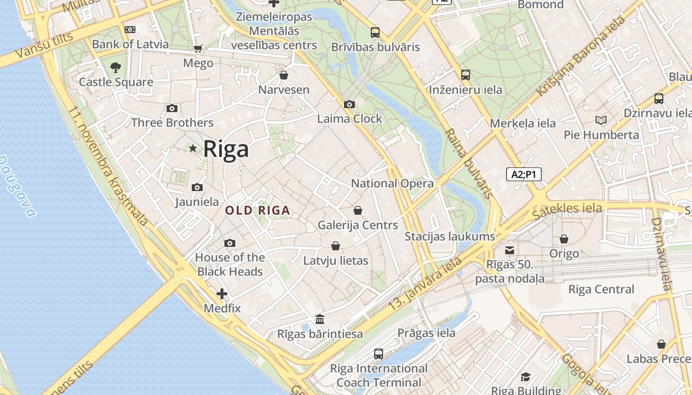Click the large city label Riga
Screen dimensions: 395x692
226,149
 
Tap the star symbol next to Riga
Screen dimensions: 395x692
193,148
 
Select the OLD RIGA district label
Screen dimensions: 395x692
258,210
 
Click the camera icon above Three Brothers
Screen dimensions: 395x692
172,108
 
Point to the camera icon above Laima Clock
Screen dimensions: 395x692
349,104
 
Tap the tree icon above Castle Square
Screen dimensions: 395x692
116,67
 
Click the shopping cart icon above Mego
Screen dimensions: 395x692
198,48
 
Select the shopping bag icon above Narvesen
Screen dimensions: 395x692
284,75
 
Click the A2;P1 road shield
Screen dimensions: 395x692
523,174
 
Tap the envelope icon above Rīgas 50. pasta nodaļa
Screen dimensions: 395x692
510,250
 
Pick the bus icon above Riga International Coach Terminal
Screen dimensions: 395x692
379,354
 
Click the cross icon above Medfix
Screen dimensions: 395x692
222,294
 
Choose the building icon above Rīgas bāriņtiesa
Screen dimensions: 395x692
320,319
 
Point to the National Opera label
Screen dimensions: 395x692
392,183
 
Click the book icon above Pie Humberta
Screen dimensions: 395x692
601,120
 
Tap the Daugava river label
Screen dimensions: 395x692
18,187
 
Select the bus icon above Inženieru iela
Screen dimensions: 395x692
465,75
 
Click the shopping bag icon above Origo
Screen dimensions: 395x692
564,239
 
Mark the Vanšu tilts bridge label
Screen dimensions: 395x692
44,45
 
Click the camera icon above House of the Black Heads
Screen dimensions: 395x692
229,243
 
